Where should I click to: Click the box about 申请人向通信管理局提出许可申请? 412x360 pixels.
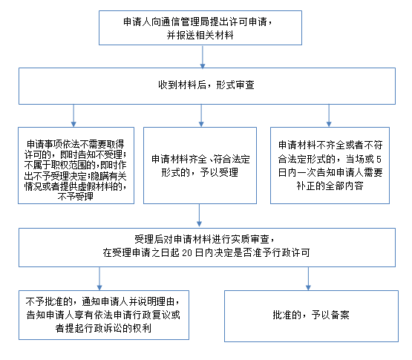pyautogui.click(x=200, y=28)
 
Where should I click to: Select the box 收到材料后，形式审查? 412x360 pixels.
pyautogui.click(x=207, y=86)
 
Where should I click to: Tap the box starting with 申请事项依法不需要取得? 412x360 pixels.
pyautogui.click(x=76, y=166)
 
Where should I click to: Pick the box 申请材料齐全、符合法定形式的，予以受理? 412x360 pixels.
pyautogui.click(x=200, y=166)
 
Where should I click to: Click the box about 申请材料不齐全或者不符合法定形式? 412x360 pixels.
pyautogui.click(x=330, y=166)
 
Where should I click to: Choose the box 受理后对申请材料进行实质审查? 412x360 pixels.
pyautogui.click(x=207, y=247)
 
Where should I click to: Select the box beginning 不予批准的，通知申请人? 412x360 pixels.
pyautogui.click(x=104, y=315)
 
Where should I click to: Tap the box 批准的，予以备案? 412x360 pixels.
pyautogui.click(x=311, y=316)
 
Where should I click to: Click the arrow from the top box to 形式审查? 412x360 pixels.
pyautogui.click(x=203, y=56)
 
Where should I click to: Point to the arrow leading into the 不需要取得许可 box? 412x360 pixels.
pyautogui.click(x=73, y=116)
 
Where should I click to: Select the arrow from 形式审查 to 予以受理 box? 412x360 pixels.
pyautogui.click(x=201, y=116)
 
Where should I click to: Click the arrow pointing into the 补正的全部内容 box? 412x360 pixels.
pyautogui.click(x=329, y=116)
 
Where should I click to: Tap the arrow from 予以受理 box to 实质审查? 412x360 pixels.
pyautogui.click(x=199, y=215)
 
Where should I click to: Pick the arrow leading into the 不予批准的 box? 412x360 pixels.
pyautogui.click(x=99, y=279)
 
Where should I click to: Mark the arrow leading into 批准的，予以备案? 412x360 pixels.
pyautogui.click(x=308, y=279)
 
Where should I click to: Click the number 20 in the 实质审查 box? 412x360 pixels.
pyautogui.click(x=187, y=253)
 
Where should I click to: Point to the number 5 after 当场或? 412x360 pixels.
pyautogui.click(x=379, y=160)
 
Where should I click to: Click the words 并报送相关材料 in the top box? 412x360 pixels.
pyautogui.click(x=200, y=35)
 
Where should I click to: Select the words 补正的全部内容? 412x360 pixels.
pyautogui.click(x=330, y=186)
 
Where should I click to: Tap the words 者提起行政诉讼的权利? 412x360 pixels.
pyautogui.click(x=103, y=328)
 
